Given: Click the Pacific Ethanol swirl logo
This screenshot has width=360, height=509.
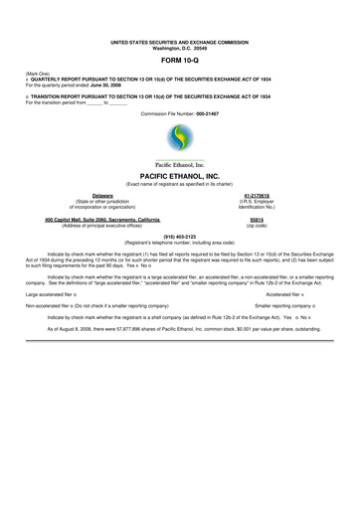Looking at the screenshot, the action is [179, 141].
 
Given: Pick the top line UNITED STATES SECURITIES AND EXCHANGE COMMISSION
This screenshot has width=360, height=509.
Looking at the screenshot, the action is [180, 41].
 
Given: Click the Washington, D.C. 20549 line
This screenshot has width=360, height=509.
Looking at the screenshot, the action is [180, 47].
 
